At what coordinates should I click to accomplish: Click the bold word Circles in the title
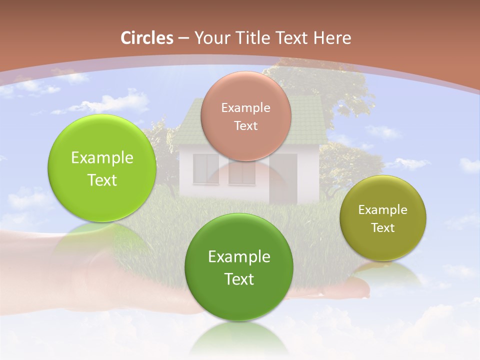pyautogui.click(x=147, y=38)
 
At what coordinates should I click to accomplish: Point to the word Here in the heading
pyautogui.click(x=332, y=38)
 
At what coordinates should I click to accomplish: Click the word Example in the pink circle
pyautogui.click(x=246, y=107)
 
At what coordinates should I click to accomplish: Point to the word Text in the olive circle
pyautogui.click(x=383, y=228)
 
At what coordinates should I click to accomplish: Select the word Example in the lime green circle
pyautogui.click(x=102, y=158)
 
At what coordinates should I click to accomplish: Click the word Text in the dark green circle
pyautogui.click(x=239, y=279)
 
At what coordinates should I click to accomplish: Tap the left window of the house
pyautogui.click(x=205, y=169)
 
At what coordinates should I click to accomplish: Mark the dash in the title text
pyautogui.click(x=183, y=38)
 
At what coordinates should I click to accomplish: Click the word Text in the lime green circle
pyautogui.click(x=102, y=180)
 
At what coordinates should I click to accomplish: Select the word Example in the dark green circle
pyautogui.click(x=239, y=257)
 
